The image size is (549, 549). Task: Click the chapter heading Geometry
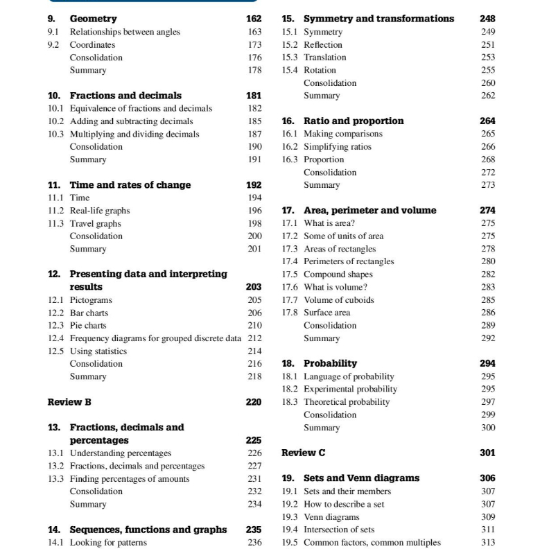pyautogui.click(x=93, y=19)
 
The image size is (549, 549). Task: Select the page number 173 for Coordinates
pyautogui.click(x=254, y=44)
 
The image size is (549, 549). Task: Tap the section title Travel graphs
pyautogui.click(x=95, y=223)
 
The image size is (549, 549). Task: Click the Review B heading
pyautogui.click(x=69, y=401)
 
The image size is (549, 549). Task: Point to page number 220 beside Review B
pyautogui.click(x=253, y=401)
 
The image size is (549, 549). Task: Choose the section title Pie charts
pyautogui.click(x=88, y=325)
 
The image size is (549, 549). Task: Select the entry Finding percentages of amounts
pyautogui.click(x=130, y=478)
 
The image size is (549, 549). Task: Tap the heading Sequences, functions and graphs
pyautogui.click(x=148, y=530)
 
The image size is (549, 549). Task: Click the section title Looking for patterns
pyautogui.click(x=108, y=542)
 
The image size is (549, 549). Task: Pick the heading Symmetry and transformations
pyautogui.click(x=378, y=19)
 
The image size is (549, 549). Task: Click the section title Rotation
pyautogui.click(x=320, y=70)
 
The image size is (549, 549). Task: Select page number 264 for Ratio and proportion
pyautogui.click(x=487, y=121)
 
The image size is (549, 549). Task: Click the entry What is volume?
pyautogui.click(x=335, y=287)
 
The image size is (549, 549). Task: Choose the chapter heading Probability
pyautogui.click(x=330, y=363)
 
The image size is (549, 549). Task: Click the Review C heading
pyautogui.click(x=303, y=453)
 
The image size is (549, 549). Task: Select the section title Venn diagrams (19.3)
pyautogui.click(x=331, y=516)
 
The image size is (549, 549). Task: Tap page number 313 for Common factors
pyautogui.click(x=488, y=542)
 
